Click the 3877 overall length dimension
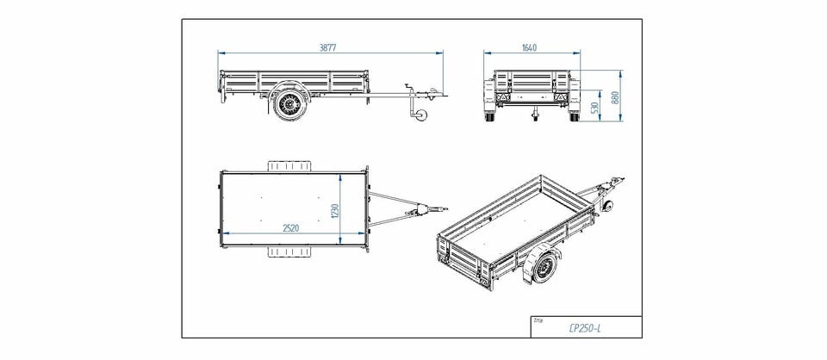pos(327,47)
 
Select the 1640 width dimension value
pos(529,48)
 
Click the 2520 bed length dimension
pos(290,228)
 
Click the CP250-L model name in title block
pos(584,328)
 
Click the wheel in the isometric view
pos(544,268)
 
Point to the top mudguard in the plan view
pos(289,166)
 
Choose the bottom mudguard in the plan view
pos(289,252)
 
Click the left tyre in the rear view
pos(490,115)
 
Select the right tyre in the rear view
pos(574,115)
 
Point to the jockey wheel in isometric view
pos(607,206)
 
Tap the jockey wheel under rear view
pos(535,115)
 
